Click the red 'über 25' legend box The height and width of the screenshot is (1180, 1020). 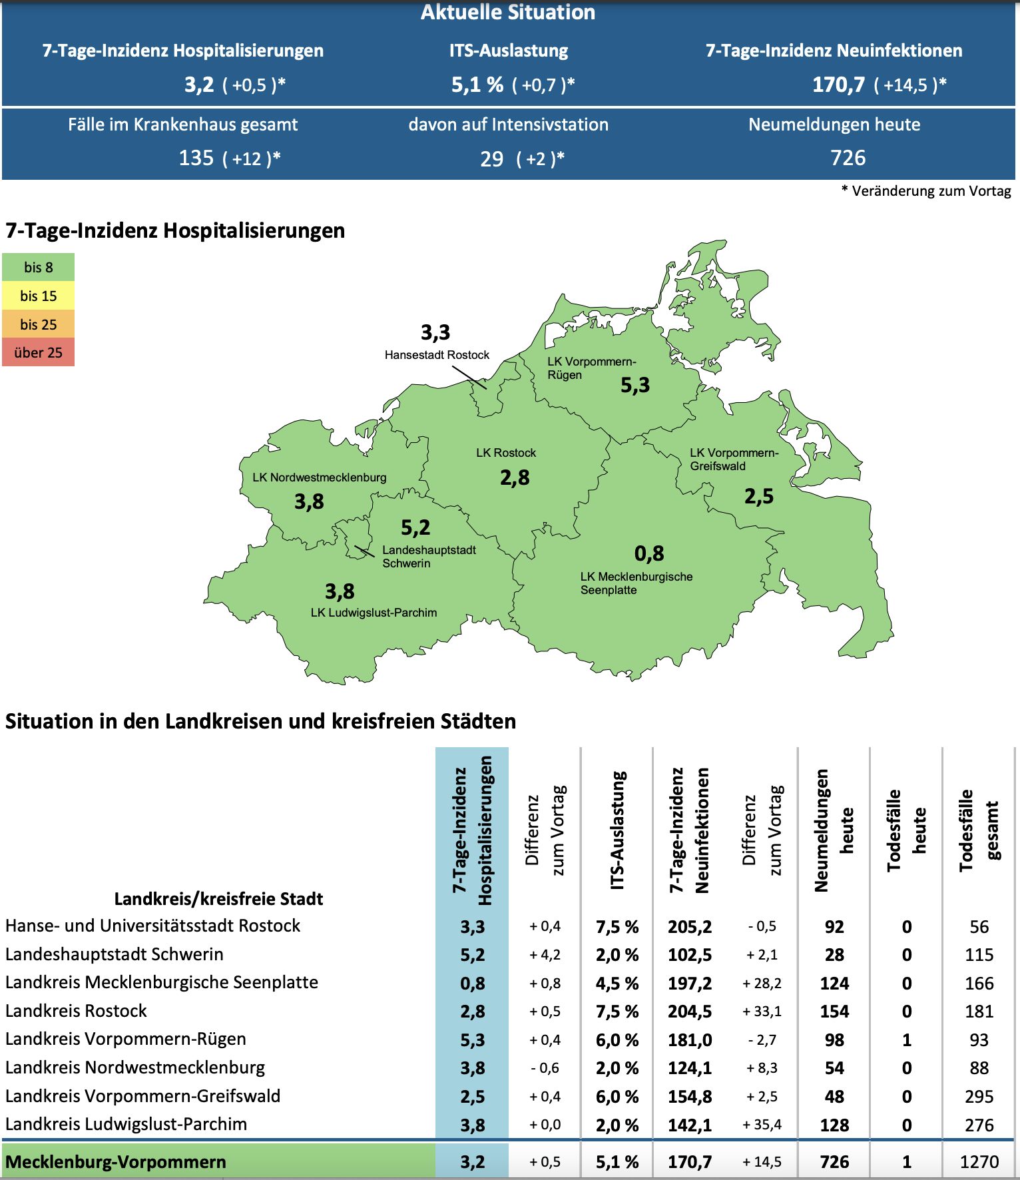point(38,352)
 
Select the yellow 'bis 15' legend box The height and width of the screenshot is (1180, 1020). point(38,296)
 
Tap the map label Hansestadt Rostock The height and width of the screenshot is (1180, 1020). point(437,355)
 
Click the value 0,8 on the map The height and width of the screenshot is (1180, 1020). point(648,553)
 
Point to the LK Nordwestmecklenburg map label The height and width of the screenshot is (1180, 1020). point(319,477)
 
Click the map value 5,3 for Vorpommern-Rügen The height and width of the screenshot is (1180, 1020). point(635,385)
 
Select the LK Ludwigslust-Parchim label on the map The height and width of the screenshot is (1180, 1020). point(374,613)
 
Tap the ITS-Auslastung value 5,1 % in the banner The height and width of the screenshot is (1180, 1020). point(477,85)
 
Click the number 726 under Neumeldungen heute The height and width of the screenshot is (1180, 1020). point(848,158)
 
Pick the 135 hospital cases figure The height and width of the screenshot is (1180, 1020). point(196,158)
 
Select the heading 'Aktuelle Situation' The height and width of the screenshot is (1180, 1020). point(508,12)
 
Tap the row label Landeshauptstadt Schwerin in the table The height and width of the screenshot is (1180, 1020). point(115,954)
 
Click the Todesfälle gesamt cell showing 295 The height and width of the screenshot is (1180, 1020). point(979,1096)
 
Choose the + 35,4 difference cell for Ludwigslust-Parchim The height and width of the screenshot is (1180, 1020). point(762,1125)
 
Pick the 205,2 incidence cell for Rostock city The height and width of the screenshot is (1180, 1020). point(690,926)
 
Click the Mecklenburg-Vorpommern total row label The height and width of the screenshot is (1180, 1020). point(116,1162)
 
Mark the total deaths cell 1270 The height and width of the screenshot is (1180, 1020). point(979,1162)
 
